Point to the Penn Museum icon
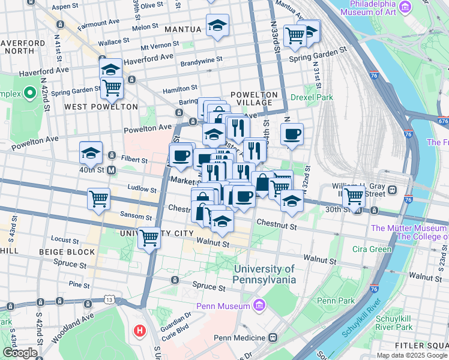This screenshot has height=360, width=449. pyautogui.click(x=259, y=306)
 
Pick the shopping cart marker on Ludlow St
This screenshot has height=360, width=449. pyautogui.click(x=98, y=199)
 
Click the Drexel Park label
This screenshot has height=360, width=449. pyautogui.click(x=312, y=97)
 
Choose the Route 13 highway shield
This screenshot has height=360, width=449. pyautogui.click(x=109, y=299)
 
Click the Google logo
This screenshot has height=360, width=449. pyautogui.click(x=19, y=353)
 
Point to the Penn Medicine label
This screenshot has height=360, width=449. pyautogui.click(x=239, y=338)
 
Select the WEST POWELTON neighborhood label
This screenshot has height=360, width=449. pyautogui.click(x=101, y=107)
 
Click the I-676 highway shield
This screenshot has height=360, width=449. pyautogui.click(x=443, y=121)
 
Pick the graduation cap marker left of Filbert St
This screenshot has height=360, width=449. pyautogui.click(x=90, y=152)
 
